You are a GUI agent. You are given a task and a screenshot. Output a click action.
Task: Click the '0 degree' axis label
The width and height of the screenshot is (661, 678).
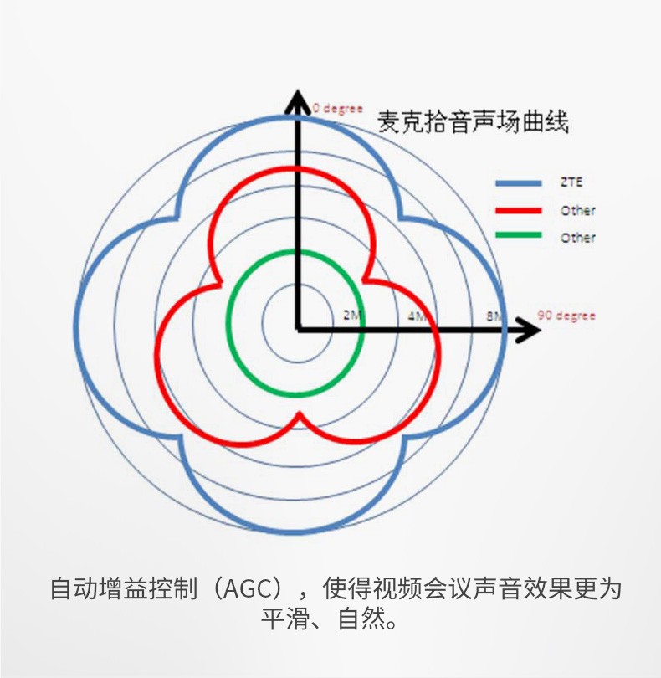coord(337,108)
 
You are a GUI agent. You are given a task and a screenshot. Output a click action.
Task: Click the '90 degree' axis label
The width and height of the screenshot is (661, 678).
coord(566,316)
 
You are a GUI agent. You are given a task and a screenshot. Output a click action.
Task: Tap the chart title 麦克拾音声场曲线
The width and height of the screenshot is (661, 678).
coord(473,121)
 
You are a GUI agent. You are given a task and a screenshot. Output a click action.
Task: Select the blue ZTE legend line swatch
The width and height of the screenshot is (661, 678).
coord(518,183)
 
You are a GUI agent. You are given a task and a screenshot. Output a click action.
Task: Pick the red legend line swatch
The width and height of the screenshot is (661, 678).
coord(518,211)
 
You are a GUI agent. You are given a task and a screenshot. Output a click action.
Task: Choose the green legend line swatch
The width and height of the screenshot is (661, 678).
coord(518,235)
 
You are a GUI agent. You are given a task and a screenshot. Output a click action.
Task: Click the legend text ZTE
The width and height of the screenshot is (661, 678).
coord(571,182)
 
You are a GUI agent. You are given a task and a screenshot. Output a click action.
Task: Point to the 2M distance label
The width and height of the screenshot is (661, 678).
coord(352,315)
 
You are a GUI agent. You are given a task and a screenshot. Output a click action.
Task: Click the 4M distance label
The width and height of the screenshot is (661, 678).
coord(417,316)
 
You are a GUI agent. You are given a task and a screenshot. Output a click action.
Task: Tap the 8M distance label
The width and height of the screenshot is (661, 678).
coord(494,316)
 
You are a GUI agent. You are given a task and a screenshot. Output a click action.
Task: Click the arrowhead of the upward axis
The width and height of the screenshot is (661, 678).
coord(297,102)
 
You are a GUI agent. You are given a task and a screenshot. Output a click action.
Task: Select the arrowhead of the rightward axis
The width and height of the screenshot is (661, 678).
coord(528,330)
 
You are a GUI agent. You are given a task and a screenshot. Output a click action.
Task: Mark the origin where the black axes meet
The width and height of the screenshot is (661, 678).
coord(298,330)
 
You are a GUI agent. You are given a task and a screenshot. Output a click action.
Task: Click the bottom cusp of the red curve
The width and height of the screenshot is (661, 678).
coord(300,415)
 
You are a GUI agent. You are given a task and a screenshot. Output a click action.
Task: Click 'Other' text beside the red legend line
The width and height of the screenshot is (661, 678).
coord(577,211)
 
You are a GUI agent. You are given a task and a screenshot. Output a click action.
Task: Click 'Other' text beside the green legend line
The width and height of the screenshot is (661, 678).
coord(577,238)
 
